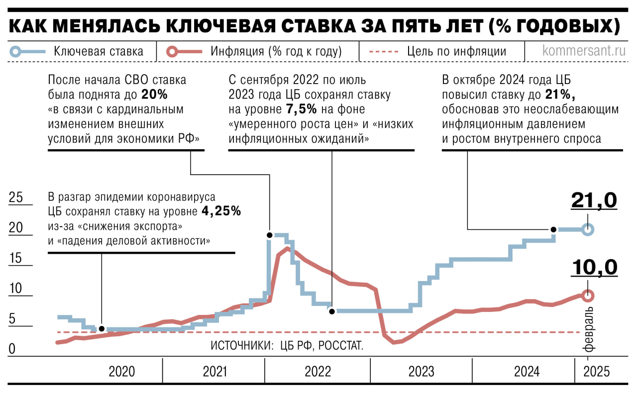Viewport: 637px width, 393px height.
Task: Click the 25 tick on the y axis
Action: pos(16,197)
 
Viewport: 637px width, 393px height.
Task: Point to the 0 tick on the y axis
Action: pos(11,349)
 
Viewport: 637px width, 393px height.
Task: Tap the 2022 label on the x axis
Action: pos(318,372)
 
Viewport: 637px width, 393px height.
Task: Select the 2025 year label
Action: pos(596,372)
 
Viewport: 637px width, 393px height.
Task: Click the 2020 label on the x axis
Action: pos(121,372)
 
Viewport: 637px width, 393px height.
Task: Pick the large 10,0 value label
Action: pos(594,267)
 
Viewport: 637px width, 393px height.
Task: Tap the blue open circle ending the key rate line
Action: pos(588,230)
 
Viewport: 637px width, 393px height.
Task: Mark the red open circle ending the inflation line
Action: pos(588,295)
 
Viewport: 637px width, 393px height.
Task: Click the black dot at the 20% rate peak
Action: pos(269,235)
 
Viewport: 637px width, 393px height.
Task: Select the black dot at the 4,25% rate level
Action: pos(102,329)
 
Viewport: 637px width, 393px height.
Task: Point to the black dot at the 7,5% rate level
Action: pos(331,310)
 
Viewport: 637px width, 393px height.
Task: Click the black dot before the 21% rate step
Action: pos(553,229)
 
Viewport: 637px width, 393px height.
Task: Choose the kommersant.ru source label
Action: pos(583,51)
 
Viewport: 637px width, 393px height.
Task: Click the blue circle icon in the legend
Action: pos(16,51)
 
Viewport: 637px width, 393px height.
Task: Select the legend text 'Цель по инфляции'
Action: pos(456,51)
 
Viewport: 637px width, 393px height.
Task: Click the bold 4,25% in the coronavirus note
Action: pos(221,211)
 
